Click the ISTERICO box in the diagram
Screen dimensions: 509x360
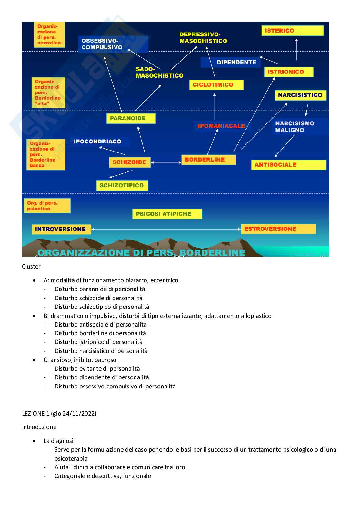(x=292, y=31)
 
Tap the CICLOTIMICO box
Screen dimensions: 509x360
(x=216, y=85)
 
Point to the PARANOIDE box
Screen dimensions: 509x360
(x=131, y=118)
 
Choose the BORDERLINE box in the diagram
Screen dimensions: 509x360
(x=208, y=160)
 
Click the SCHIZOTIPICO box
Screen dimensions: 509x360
(x=122, y=185)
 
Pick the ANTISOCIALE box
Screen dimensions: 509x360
(x=289, y=165)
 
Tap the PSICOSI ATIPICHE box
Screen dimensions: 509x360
(x=167, y=214)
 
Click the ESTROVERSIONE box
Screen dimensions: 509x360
(x=278, y=229)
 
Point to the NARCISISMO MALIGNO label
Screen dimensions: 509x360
(x=295, y=127)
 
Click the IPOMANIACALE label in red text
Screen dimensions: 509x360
(x=221, y=126)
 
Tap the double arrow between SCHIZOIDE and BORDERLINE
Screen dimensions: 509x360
(x=166, y=162)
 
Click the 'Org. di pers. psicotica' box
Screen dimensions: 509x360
(x=47, y=206)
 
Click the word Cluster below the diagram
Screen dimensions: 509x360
(x=31, y=267)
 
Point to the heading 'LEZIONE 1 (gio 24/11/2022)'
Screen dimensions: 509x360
(x=59, y=413)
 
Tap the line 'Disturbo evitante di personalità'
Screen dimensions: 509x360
(x=97, y=368)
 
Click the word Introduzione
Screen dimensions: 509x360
(x=39, y=427)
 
